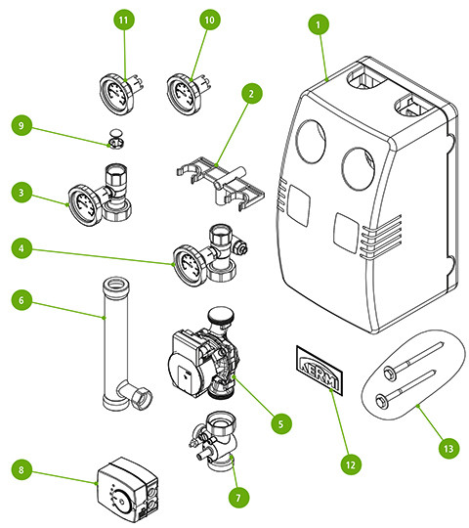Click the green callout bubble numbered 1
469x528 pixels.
tap(319, 24)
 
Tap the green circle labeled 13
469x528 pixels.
tap(448, 449)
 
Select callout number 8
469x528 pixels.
tap(21, 469)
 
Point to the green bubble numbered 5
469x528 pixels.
tap(281, 424)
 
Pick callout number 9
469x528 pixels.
tap(21, 125)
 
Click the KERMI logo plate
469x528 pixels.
tap(319, 370)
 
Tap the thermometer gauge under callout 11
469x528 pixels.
tap(121, 93)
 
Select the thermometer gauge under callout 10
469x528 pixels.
tap(188, 93)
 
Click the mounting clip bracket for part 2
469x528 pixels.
tap(221, 183)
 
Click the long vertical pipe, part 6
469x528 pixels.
tap(116, 342)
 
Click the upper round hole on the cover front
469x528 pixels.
tap(311, 142)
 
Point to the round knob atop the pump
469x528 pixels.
tap(221, 315)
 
